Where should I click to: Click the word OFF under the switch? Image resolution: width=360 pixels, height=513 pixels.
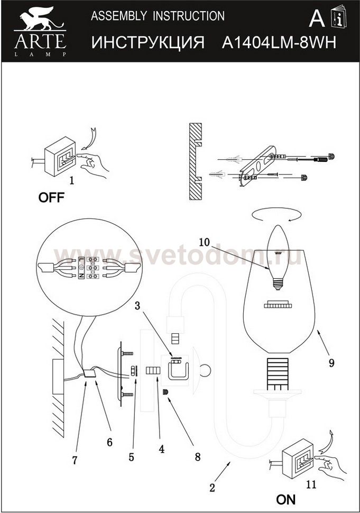51,197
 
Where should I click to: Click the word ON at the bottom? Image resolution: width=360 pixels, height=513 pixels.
286,500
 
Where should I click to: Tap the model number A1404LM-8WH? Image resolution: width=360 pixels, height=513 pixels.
279,42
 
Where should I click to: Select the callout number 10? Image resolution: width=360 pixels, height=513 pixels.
204,242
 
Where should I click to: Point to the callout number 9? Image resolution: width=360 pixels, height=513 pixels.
331,363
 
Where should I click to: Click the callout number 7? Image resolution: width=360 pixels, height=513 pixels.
75,460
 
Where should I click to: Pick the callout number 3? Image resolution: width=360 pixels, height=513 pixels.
137,306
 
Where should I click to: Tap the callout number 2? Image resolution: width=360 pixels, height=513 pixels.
212,488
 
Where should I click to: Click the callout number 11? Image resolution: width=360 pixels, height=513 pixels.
311,484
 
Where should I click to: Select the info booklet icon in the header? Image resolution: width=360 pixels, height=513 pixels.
339,17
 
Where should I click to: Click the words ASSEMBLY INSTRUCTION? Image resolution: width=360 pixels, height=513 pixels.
158,16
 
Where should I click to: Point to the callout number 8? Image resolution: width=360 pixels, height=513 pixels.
198,457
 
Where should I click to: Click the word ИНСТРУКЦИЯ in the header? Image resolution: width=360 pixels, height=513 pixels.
148,42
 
